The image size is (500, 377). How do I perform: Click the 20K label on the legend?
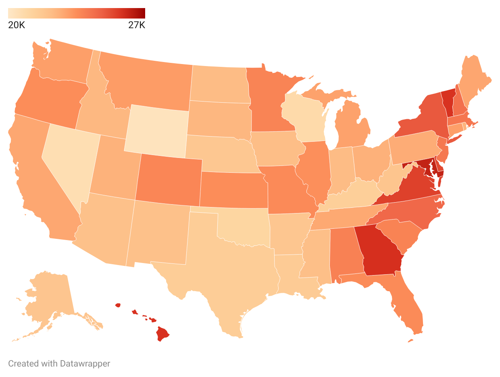coord(17,25)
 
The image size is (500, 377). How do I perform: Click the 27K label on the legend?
coord(136,25)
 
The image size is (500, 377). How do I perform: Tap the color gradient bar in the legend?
coord(77,13)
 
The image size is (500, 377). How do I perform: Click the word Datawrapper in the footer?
coord(85,363)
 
